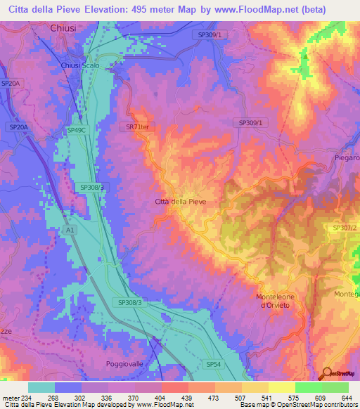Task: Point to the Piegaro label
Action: (x=347, y=158)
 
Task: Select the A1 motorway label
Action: (x=69, y=230)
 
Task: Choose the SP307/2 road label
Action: (x=345, y=228)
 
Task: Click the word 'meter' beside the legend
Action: (x=11, y=398)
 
